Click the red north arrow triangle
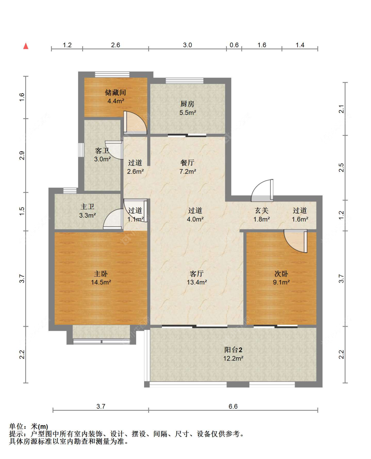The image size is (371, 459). [x=26, y=46]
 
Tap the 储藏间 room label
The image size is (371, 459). [x=115, y=92]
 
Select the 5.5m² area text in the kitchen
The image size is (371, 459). [x=188, y=113]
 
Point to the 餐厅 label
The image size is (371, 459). [x=187, y=163]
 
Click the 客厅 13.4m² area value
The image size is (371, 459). [x=197, y=282]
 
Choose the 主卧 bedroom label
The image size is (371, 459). [x=101, y=274]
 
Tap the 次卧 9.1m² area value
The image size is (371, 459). [x=281, y=282]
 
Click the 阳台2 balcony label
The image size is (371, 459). [x=233, y=349]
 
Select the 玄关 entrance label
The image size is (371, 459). [x=262, y=211]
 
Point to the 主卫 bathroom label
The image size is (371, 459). [x=87, y=207]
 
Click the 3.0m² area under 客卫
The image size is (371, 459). [x=102, y=159]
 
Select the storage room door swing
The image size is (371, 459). [x=135, y=122]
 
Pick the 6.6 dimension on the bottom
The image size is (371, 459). [x=233, y=406]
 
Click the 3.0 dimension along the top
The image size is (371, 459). [x=187, y=45]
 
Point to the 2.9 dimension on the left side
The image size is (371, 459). [x=22, y=156]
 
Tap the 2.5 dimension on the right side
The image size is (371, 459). [x=342, y=168]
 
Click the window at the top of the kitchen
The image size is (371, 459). [x=184, y=81]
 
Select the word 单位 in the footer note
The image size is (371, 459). [x=16, y=426]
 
